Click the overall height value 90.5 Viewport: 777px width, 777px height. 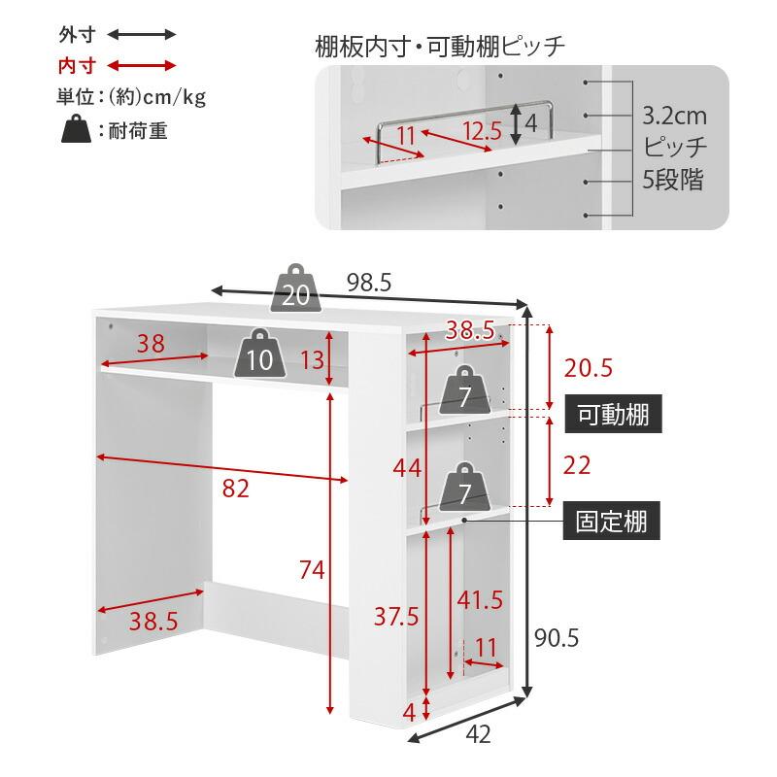(x=557, y=637)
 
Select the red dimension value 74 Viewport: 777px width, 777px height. (x=311, y=570)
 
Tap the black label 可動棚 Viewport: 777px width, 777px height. (x=613, y=415)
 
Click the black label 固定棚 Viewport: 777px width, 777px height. (x=613, y=522)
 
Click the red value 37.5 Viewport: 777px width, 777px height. (x=396, y=615)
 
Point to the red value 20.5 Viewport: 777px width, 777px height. (x=589, y=368)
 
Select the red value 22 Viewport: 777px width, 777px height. (x=577, y=464)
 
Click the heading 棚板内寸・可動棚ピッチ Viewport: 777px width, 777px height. (x=440, y=46)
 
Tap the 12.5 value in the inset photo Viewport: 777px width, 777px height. (x=481, y=131)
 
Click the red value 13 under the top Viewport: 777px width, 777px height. (x=311, y=360)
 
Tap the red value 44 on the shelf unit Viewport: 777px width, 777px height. (x=407, y=468)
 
